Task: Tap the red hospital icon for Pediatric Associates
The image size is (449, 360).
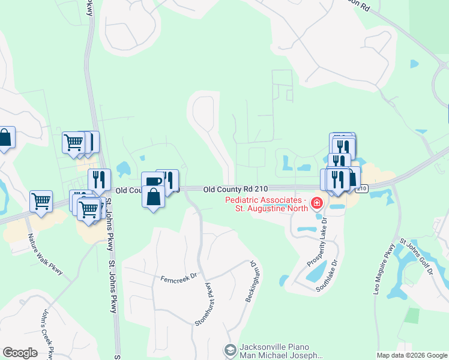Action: tap(316, 204)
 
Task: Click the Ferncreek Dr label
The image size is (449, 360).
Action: tap(178, 278)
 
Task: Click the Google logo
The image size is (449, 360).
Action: tap(20, 353)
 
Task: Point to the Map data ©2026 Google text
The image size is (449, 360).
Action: tap(412, 355)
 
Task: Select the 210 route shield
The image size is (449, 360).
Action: tap(361, 188)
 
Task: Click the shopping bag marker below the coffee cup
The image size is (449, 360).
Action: tap(153, 196)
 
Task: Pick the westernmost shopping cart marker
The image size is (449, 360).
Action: tap(41, 201)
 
